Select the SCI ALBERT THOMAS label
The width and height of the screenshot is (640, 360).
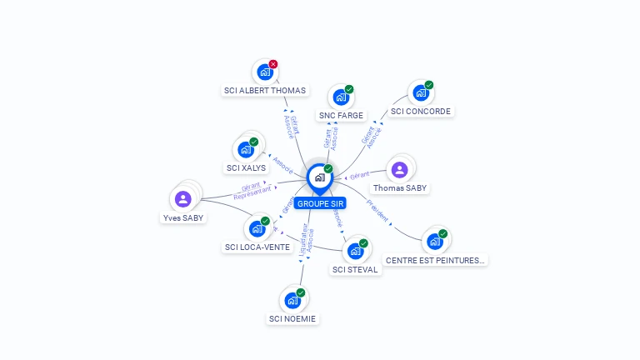click(265, 91)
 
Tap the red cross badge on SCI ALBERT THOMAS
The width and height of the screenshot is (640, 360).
click(273, 64)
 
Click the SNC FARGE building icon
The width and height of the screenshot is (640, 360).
click(340, 97)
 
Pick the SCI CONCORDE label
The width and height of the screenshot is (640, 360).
click(420, 111)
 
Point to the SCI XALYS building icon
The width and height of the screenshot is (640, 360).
click(245, 150)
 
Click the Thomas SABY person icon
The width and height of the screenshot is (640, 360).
click(400, 169)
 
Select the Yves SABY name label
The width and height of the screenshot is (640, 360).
click(183, 218)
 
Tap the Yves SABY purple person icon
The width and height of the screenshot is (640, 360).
click(183, 199)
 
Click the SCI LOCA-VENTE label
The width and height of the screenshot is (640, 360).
click(257, 247)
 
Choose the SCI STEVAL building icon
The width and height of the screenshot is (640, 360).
click(355, 251)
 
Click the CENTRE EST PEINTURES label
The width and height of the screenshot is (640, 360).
click(435, 261)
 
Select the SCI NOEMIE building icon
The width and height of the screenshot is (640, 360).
click(292, 300)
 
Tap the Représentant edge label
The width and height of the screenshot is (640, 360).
click(252, 192)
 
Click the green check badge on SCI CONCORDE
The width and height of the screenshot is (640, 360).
click(429, 85)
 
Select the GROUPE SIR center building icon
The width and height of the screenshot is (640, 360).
click(319, 177)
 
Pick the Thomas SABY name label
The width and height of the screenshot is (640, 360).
click(400, 188)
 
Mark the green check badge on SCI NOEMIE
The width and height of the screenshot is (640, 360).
click(301, 292)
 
